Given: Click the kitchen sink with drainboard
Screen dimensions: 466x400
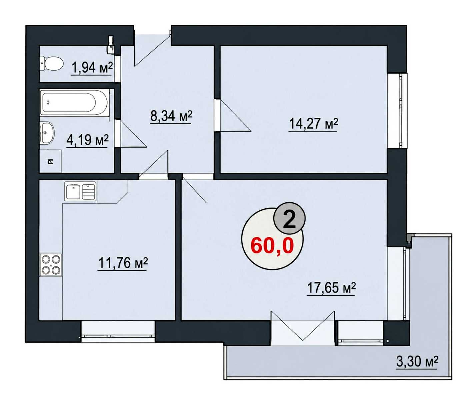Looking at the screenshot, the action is coord(80,191).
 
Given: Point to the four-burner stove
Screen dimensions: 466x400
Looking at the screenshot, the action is coord(51,265).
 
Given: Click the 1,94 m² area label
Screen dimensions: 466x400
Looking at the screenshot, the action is coord(92,68).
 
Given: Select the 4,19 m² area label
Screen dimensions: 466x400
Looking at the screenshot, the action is coord(87,140).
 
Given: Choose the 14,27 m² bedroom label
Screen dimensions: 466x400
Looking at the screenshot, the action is coord(313,124).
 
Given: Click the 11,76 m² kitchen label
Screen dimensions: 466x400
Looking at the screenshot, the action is coord(123,263).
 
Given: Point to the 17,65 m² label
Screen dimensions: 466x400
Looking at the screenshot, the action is coord(331,288).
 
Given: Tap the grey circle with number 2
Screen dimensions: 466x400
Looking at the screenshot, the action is coord(289,218).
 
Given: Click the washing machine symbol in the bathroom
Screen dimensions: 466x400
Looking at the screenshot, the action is coord(51,161).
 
